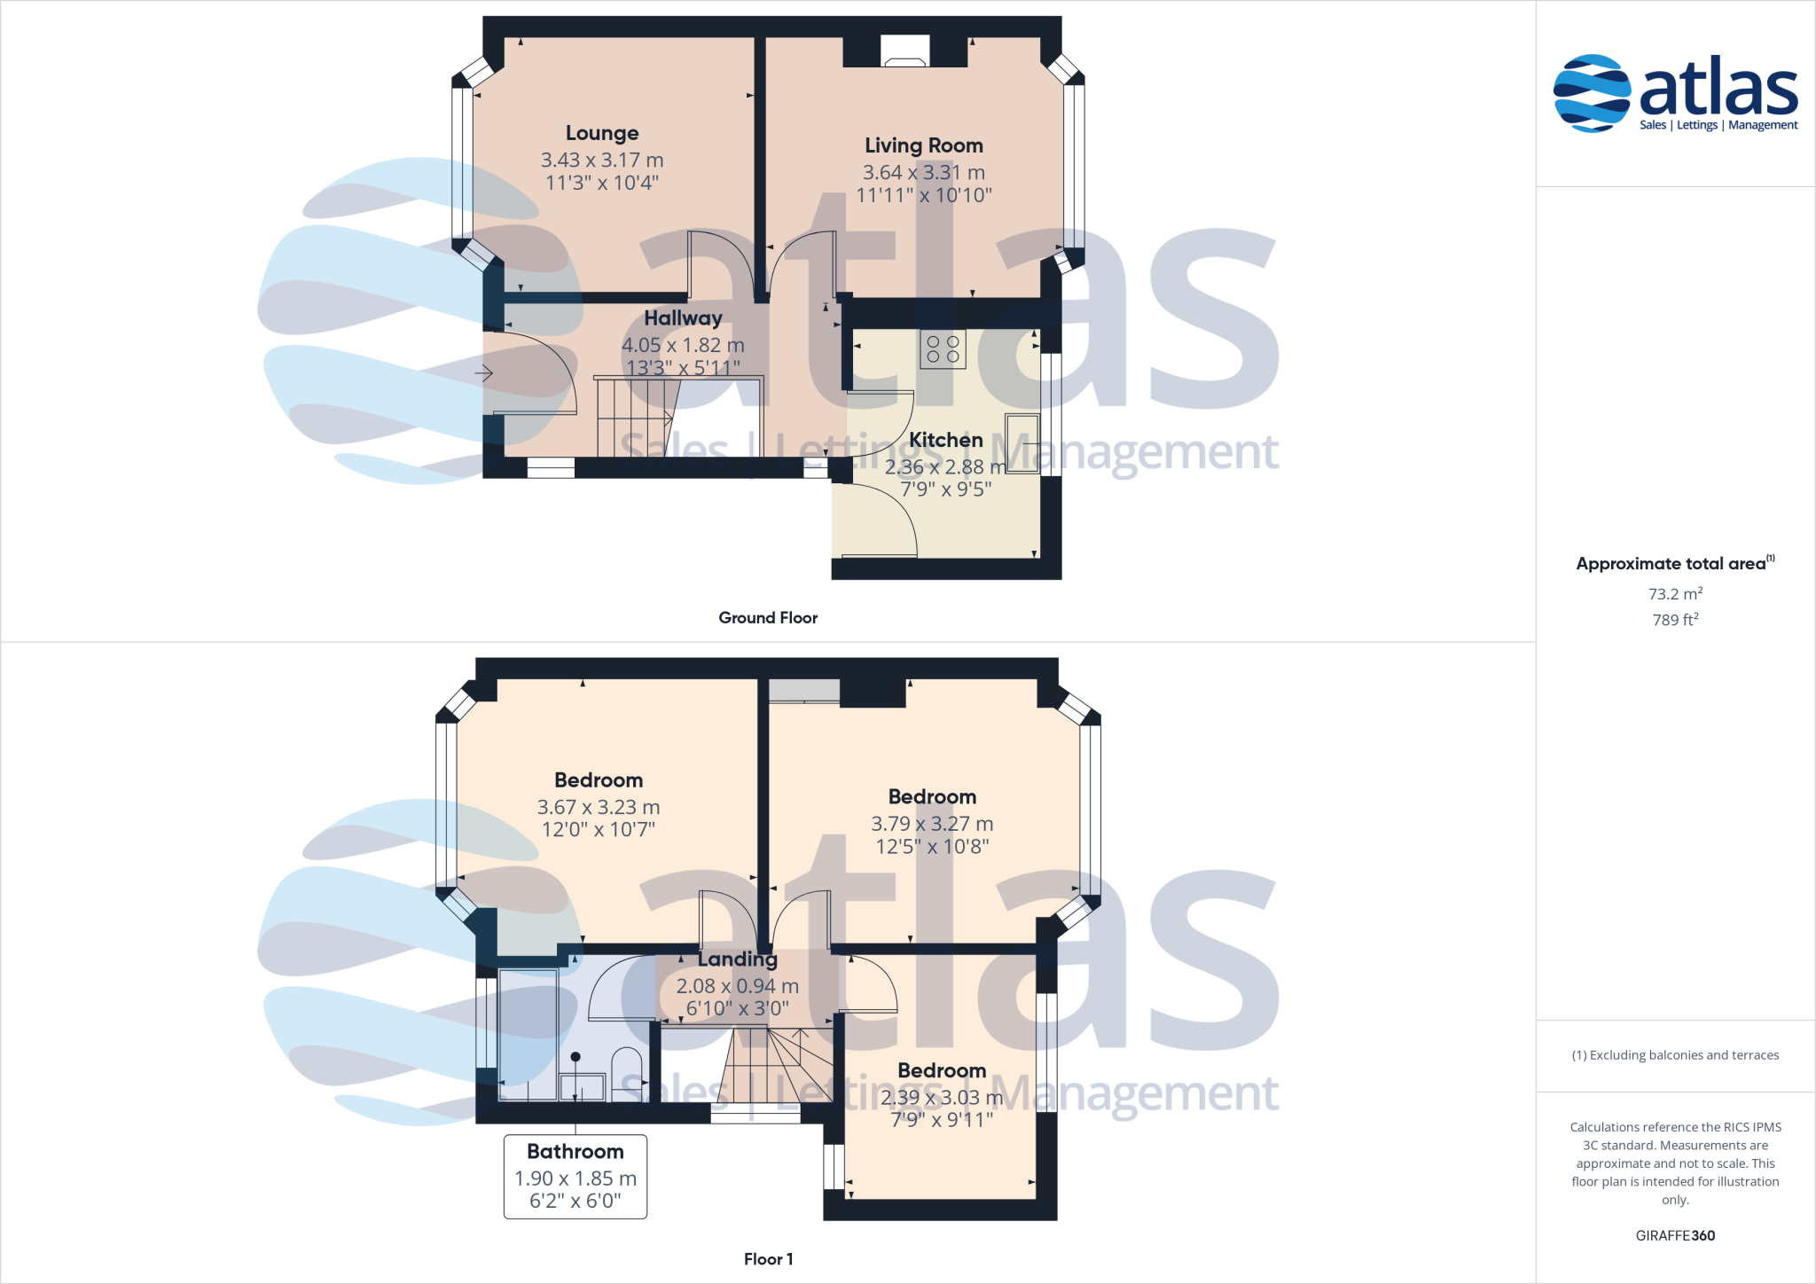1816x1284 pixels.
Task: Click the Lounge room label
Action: pyautogui.click(x=602, y=134)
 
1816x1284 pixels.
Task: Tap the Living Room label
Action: pyautogui.click(x=924, y=145)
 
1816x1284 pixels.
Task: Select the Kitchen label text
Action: pyautogui.click(x=945, y=440)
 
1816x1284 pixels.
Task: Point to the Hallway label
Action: pyautogui.click(x=683, y=318)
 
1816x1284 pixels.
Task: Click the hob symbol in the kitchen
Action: pyautogui.click(x=943, y=348)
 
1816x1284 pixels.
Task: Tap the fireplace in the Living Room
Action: pyautogui.click(x=904, y=52)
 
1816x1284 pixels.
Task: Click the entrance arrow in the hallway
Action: pyautogui.click(x=483, y=373)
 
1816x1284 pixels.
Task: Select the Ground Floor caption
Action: pyautogui.click(x=768, y=618)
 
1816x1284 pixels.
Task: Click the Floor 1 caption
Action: pyautogui.click(x=768, y=1259)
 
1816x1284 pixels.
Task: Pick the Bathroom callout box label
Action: pyautogui.click(x=575, y=1152)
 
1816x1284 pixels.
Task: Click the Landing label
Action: pyautogui.click(x=737, y=959)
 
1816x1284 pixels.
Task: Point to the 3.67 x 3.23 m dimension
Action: pyautogui.click(x=599, y=808)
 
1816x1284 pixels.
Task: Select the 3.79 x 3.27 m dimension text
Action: pyautogui.click(x=932, y=824)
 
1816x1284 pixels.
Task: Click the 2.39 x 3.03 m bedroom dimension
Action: pyautogui.click(x=942, y=1098)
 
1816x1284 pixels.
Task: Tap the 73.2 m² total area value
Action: pyautogui.click(x=1675, y=594)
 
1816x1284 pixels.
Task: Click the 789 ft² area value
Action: pyautogui.click(x=1675, y=620)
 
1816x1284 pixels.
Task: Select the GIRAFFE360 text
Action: pyautogui.click(x=1675, y=1236)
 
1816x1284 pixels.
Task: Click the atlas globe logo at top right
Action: pyautogui.click(x=1592, y=93)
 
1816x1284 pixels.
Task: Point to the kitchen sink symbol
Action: pyautogui.click(x=1021, y=443)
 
